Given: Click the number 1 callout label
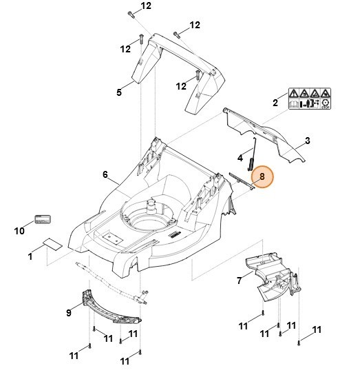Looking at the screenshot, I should (30, 257).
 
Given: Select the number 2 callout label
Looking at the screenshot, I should (275, 103).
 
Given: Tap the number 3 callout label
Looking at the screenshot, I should (307, 141).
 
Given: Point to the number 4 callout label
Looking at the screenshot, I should (240, 156).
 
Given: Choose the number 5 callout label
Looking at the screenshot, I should (119, 91).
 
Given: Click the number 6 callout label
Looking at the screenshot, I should (105, 175).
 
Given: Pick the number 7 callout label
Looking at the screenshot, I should (239, 281).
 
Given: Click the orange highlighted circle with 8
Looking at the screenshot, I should (262, 177).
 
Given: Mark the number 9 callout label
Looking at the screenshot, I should (69, 313).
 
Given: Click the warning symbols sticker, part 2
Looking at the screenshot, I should (309, 99).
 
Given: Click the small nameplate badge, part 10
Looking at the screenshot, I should (42, 219).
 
